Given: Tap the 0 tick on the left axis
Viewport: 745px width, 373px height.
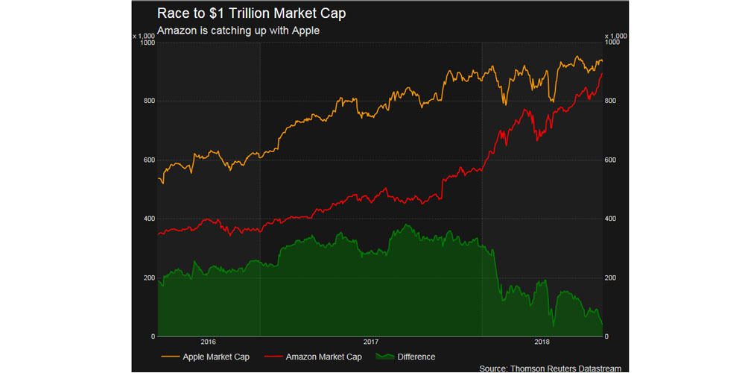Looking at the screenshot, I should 151,337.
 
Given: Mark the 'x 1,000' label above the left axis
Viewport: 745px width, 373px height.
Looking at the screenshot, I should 144,35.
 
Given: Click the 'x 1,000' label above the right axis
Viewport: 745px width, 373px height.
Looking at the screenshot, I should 615,35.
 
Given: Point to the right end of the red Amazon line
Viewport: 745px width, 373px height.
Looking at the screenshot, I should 602,73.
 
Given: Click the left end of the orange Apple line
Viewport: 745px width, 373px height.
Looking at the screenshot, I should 158,178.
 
